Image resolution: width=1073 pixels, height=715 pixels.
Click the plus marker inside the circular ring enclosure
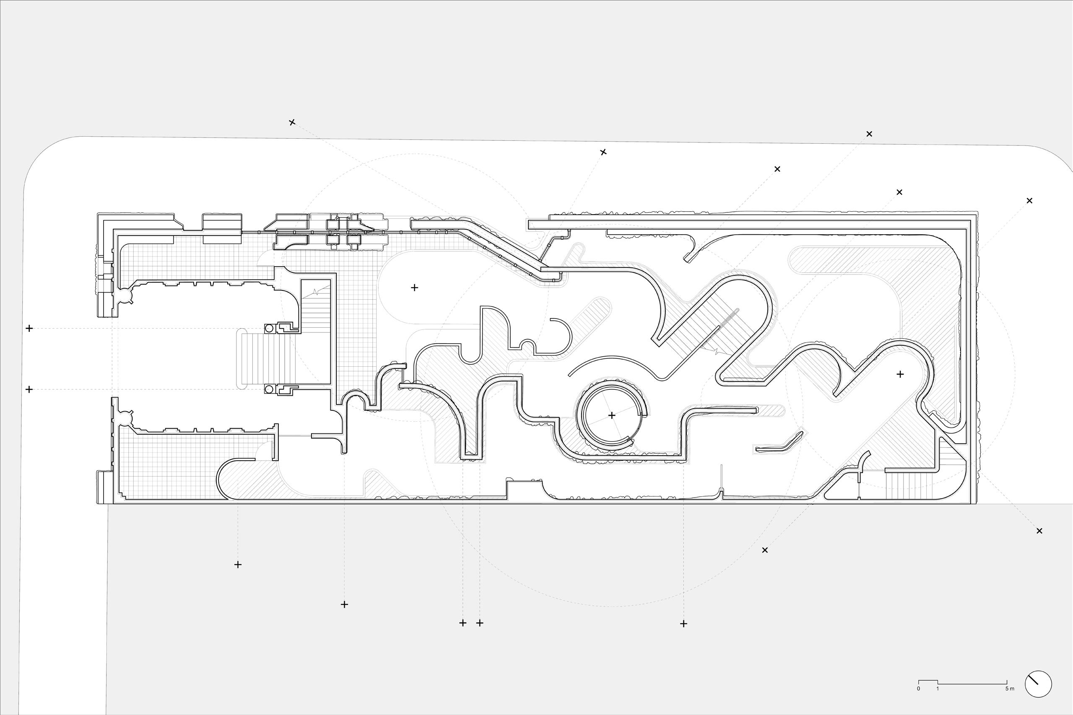click(x=612, y=415)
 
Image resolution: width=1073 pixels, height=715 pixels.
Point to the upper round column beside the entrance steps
click(x=269, y=328)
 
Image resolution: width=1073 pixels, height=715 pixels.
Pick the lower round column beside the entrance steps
click(x=269, y=389)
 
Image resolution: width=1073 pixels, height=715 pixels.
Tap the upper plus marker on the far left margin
click(x=29, y=328)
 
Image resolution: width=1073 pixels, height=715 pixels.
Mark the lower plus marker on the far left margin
click(x=29, y=389)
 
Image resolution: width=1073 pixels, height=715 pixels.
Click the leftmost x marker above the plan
click(x=292, y=122)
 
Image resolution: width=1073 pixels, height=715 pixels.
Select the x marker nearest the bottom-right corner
click(x=1039, y=531)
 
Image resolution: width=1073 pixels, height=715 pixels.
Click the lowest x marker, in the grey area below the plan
click(x=765, y=550)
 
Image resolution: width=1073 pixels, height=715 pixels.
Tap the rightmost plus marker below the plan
click(x=683, y=624)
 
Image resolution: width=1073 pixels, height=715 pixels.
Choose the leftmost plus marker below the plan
click(x=238, y=565)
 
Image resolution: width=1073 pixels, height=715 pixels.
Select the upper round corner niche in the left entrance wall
click(x=125, y=297)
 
